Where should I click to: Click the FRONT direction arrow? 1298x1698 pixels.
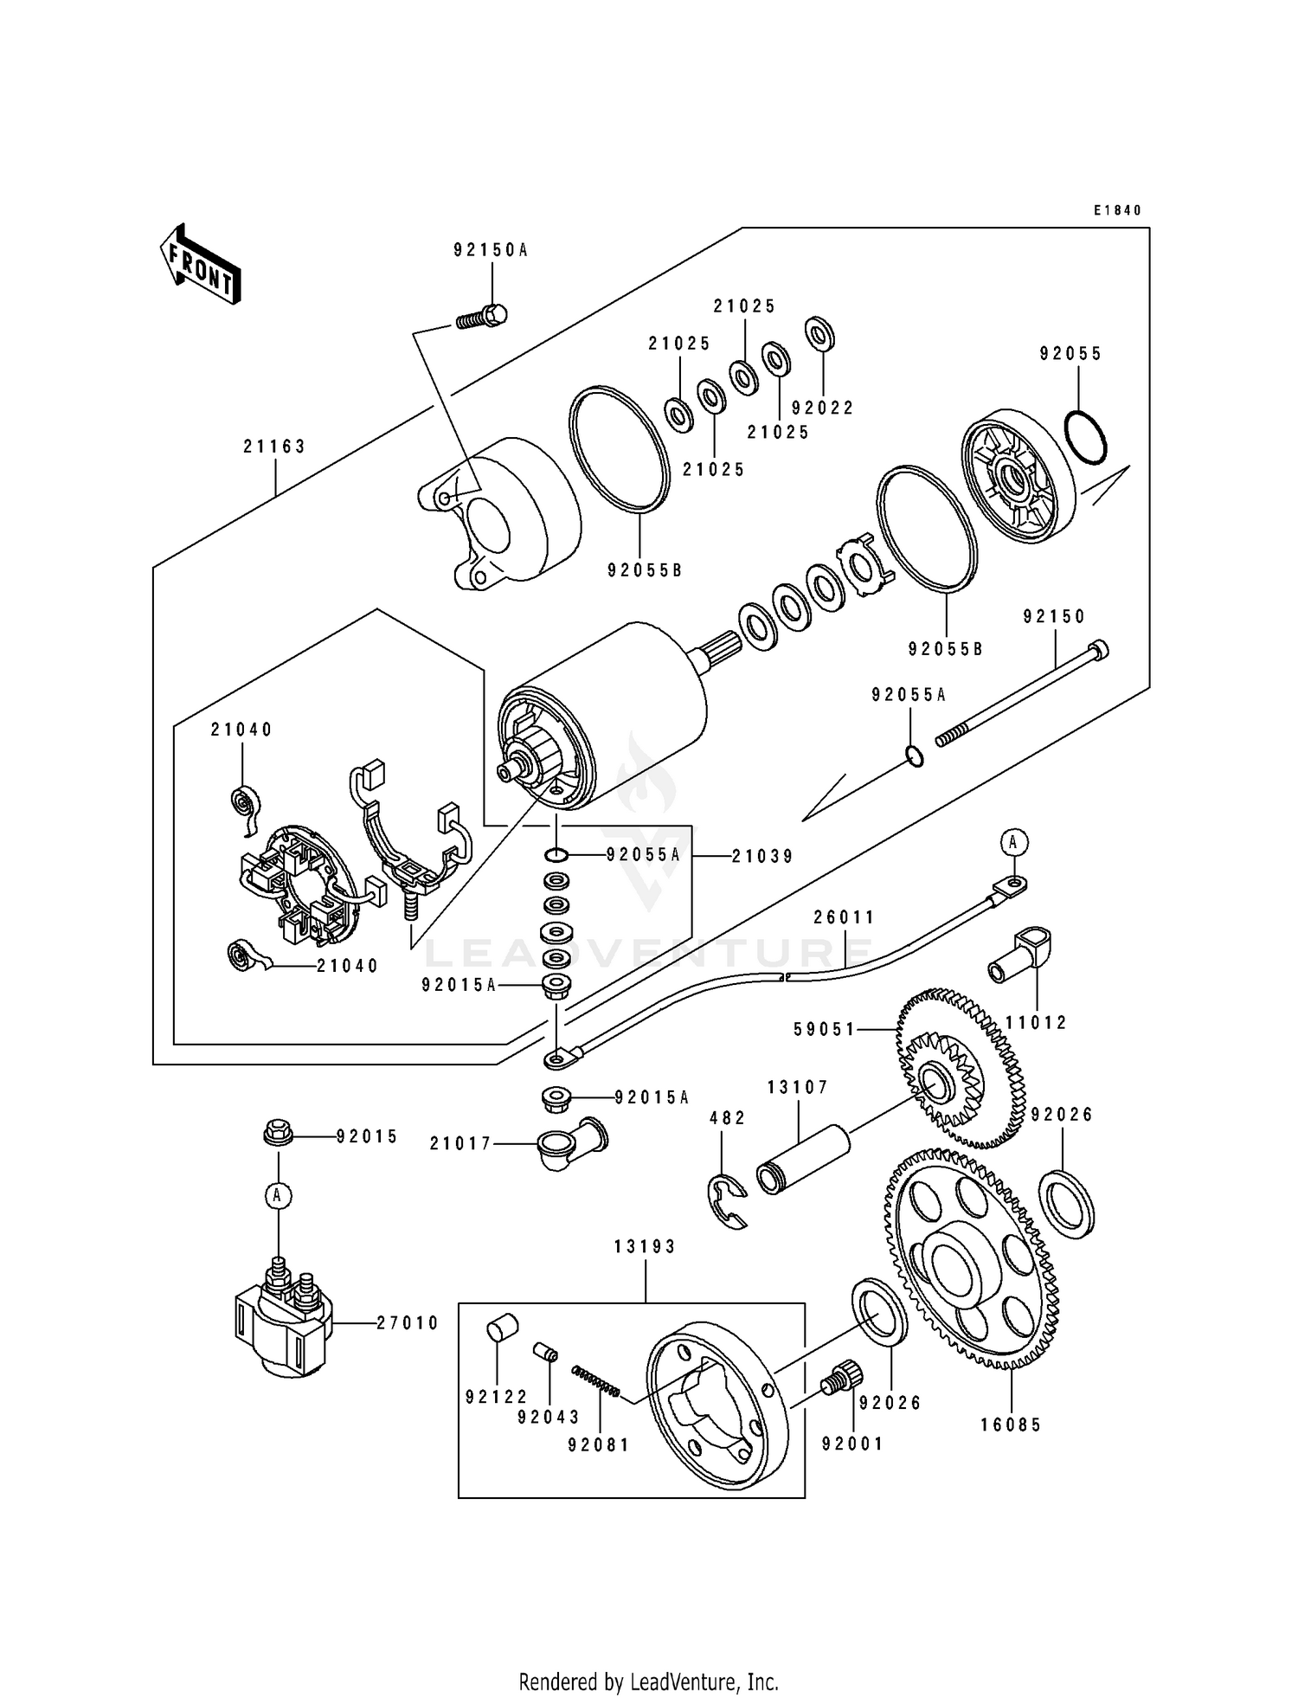click(x=200, y=264)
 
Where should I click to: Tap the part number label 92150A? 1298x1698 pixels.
click(x=490, y=250)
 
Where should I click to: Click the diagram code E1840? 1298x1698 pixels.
click(x=1117, y=210)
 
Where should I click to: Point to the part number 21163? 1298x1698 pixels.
click(x=274, y=447)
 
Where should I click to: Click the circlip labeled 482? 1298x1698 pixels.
click(x=729, y=1200)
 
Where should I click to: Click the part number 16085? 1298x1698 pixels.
click(x=1011, y=1425)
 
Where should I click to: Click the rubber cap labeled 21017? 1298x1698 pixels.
click(x=571, y=1144)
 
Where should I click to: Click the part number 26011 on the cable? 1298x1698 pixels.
click(x=844, y=917)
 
